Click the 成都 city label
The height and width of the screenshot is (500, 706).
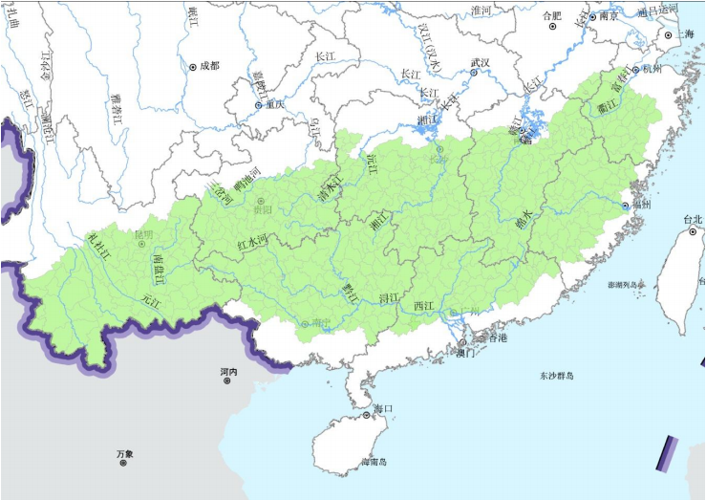209,66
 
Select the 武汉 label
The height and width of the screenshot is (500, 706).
479,63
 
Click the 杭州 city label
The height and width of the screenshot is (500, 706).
652,69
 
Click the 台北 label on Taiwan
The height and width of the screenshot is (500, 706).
692,220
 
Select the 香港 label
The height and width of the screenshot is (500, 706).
497,339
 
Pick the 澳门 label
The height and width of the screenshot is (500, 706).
465,353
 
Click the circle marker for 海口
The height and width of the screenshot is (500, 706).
367,416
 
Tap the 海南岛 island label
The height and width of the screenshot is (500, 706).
374,463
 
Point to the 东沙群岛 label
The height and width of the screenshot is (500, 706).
555,376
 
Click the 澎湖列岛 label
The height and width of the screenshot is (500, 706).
626,285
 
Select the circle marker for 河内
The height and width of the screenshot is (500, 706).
227,380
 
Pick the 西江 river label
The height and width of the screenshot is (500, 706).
423,305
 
